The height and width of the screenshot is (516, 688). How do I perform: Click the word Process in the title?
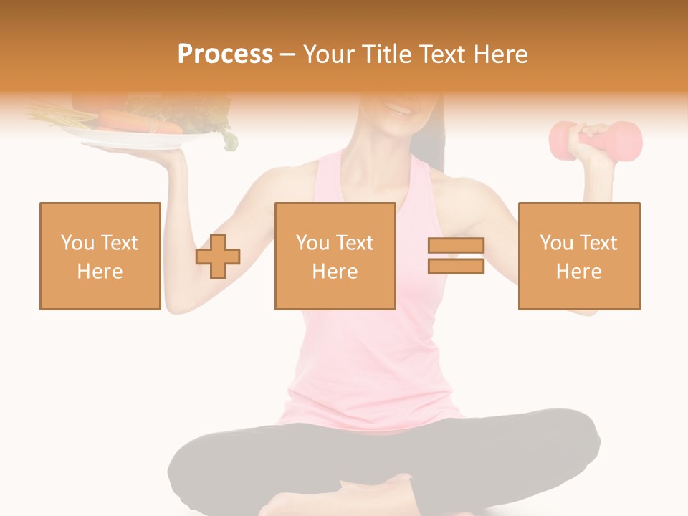225,54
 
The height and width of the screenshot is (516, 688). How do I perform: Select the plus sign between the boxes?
218,257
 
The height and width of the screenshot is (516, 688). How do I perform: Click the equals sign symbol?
456,256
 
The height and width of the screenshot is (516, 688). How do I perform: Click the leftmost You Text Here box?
100,256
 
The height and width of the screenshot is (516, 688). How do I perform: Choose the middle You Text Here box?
335,256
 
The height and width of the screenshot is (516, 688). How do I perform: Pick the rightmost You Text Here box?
579,256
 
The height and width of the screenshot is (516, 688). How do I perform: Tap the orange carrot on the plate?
136,122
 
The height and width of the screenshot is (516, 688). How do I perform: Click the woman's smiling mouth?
399,109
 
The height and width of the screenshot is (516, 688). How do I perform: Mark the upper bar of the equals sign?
456,246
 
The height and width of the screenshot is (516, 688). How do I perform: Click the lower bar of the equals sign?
456,266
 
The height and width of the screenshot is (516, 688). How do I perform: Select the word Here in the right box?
579,272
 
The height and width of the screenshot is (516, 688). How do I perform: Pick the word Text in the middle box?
354,243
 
